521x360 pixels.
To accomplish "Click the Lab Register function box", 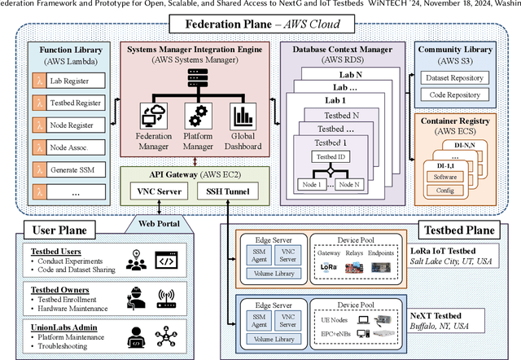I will (x=72, y=81).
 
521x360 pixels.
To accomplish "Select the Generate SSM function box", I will (x=72, y=172).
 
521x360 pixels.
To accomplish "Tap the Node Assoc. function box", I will (x=72, y=149).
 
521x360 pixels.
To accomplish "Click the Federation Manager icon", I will (x=153, y=116).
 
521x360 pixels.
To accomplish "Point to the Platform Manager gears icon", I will (x=198, y=116).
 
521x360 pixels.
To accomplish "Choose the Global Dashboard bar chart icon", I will (x=243, y=116).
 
